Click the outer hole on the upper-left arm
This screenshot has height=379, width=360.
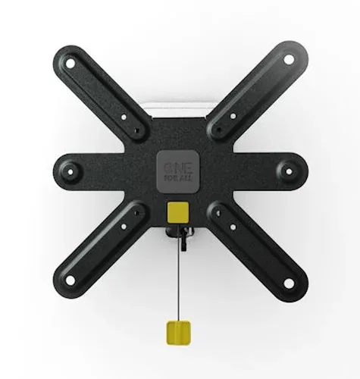[70, 64]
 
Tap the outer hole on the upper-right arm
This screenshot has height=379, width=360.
[289, 60]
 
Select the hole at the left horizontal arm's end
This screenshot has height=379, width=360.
[70, 172]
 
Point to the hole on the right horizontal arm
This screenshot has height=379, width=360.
[289, 171]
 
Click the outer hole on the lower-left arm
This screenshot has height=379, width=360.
[70, 280]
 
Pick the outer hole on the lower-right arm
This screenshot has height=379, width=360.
[289, 283]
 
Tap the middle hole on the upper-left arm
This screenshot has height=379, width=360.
[124, 117]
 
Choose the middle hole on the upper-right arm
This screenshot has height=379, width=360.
[233, 116]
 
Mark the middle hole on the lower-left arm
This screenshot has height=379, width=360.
[124, 227]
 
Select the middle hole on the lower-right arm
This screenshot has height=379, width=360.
[233, 227]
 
